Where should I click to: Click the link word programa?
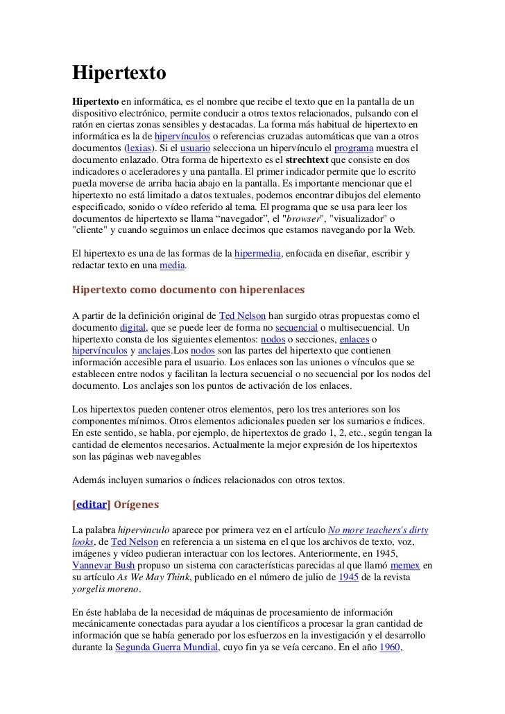[356, 149]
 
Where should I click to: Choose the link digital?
[132, 327]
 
